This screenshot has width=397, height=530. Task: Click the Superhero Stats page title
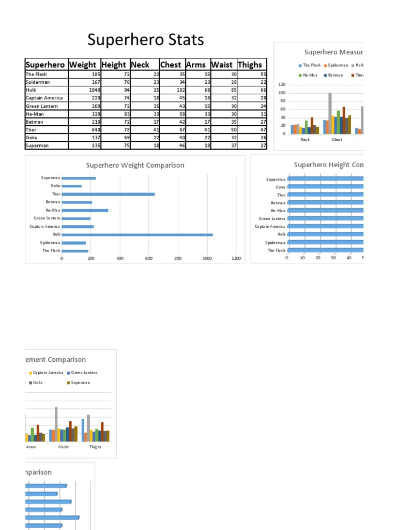pyautogui.click(x=146, y=40)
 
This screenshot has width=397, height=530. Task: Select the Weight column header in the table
pyautogui.click(x=83, y=65)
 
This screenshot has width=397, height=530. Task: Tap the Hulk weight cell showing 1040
pyautogui.click(x=94, y=90)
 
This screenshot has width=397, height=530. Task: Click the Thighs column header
pyautogui.click(x=250, y=65)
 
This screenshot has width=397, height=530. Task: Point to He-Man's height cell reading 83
pyautogui.click(x=116, y=114)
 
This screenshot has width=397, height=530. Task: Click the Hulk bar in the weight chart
pyautogui.click(x=137, y=234)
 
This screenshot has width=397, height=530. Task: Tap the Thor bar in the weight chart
pyautogui.click(x=108, y=194)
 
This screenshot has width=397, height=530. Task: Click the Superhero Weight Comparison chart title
pyautogui.click(x=135, y=166)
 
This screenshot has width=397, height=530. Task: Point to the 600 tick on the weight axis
pyautogui.click(x=149, y=258)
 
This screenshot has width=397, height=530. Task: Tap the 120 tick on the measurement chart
pyautogui.click(x=282, y=85)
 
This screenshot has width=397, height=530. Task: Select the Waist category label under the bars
pyautogui.click(x=63, y=447)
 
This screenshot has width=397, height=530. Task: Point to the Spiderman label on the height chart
pyautogui.click(x=275, y=243)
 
